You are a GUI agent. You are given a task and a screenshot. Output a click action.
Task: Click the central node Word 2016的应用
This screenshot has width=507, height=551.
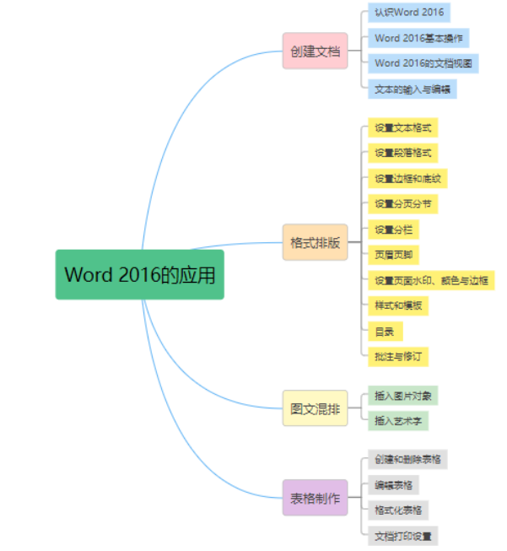click(140, 274)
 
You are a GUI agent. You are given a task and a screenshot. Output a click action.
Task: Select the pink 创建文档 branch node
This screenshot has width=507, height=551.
click(315, 51)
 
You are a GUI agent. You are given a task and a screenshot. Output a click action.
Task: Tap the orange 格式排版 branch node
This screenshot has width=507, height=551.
click(315, 242)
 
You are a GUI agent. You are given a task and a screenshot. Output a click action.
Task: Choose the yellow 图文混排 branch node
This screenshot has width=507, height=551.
click(315, 408)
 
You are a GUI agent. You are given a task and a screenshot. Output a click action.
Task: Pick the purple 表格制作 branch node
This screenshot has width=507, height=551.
click(315, 497)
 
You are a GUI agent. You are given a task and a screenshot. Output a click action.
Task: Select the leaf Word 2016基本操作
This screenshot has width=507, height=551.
click(418, 38)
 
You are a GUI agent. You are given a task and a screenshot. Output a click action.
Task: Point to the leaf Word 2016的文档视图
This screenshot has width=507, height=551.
click(423, 63)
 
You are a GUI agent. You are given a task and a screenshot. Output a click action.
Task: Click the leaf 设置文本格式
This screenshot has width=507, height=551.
click(403, 128)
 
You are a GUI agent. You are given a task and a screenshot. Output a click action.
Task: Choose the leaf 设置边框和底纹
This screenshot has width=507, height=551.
click(408, 179)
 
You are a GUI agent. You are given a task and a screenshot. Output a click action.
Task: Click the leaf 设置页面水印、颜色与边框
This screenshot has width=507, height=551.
click(431, 280)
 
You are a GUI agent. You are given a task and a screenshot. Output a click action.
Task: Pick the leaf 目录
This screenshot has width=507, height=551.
click(383, 331)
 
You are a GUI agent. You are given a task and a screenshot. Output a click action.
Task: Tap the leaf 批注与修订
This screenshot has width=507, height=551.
click(398, 356)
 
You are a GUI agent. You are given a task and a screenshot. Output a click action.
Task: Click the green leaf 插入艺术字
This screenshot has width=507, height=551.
click(398, 421)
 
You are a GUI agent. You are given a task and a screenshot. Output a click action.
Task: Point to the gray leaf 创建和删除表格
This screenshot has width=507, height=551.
click(408, 460)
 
